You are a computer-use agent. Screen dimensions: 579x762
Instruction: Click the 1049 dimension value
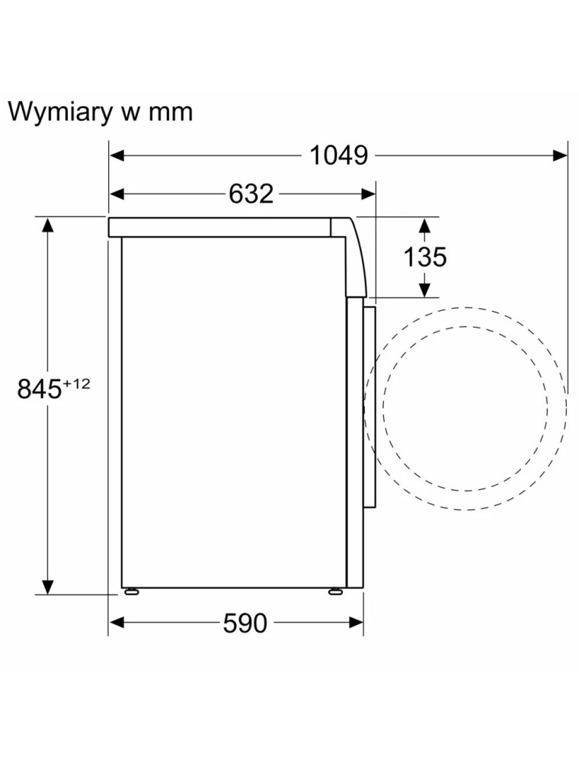point(338,155)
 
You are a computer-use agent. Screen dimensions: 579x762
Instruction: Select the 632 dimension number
point(251,194)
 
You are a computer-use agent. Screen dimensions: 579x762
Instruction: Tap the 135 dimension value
point(425,257)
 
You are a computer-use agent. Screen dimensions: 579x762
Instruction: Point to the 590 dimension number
point(245,623)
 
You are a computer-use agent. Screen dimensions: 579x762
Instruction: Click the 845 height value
point(40,389)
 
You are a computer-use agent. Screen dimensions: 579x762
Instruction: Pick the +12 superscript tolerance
point(76,384)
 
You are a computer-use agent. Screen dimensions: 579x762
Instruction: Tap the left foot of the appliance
point(131,591)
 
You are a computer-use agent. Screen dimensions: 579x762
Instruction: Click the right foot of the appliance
point(335,591)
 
